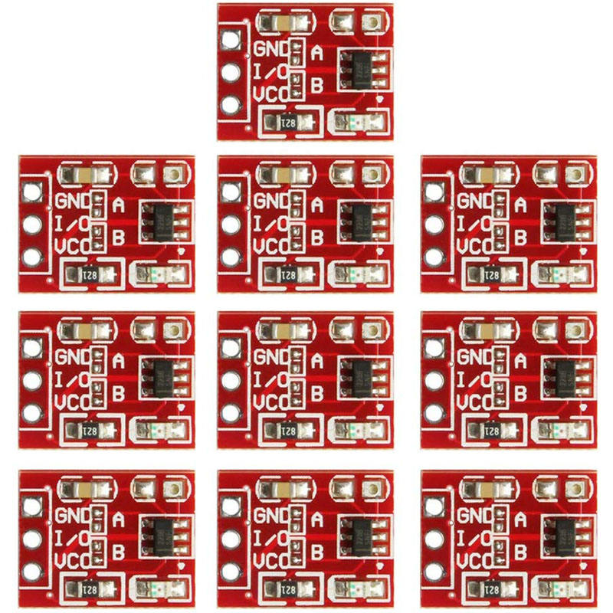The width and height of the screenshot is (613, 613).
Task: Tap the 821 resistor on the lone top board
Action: tap(288, 121)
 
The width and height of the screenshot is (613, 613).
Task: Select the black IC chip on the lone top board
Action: tap(359, 69)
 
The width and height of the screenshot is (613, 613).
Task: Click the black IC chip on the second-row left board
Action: tap(161, 221)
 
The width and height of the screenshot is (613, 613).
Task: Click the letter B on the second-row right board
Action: tap(521, 238)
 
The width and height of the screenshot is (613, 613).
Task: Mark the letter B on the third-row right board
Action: tap(521, 392)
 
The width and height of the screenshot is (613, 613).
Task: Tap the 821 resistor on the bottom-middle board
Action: tap(288, 588)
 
